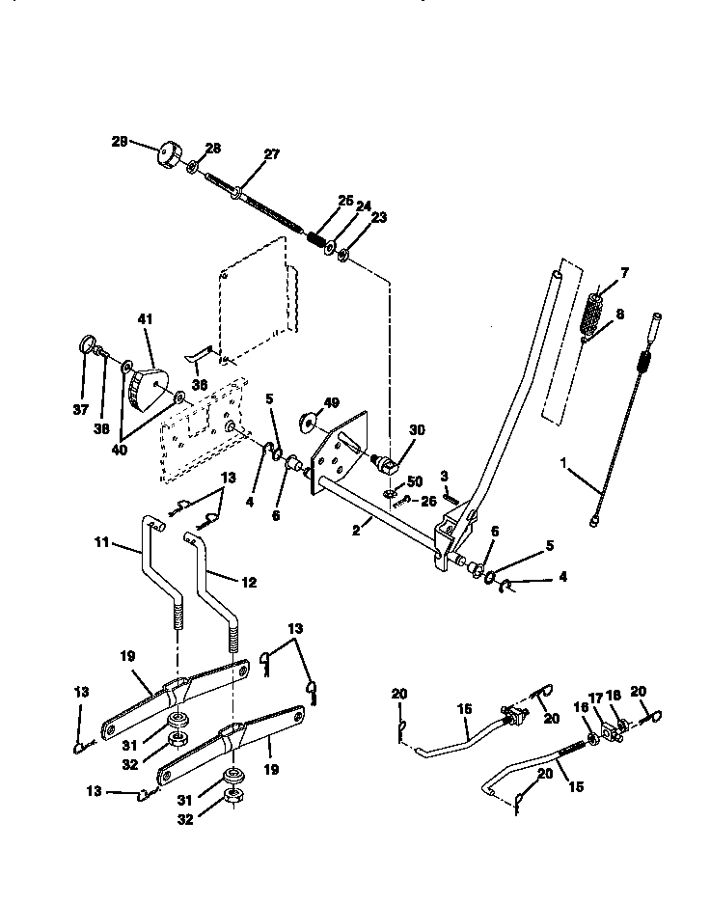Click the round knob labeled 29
[x=171, y=154]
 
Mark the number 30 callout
[x=418, y=430]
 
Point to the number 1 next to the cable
[x=563, y=462]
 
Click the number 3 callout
[x=445, y=476]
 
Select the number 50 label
[x=415, y=480]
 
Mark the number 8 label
[x=620, y=314]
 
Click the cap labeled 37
[x=86, y=343]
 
